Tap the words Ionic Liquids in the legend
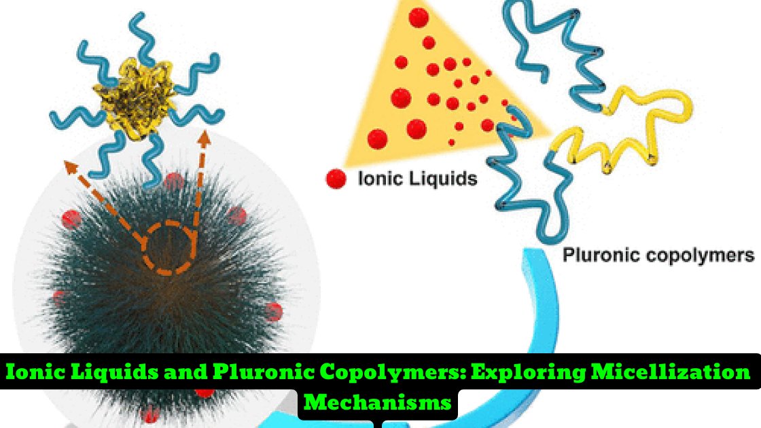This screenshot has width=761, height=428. pos(417,179)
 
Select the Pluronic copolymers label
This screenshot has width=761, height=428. pos(658,255)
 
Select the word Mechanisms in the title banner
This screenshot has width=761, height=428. pos(378,402)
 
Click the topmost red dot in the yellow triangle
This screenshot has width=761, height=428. pos(419,16)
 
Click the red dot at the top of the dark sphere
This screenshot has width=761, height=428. pos(173,181)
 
